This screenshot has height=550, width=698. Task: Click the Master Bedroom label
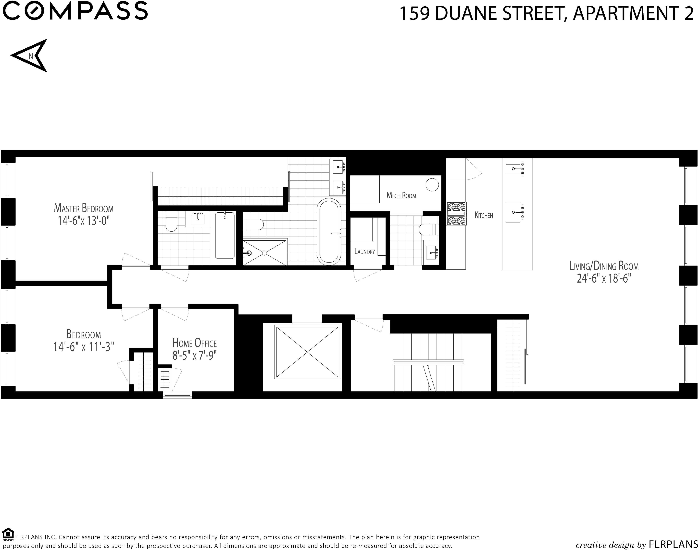click(x=84, y=208)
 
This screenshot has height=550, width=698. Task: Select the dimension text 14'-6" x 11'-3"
click(x=84, y=347)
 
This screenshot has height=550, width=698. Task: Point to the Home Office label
click(x=195, y=343)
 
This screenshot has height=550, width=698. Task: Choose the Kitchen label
click(x=484, y=215)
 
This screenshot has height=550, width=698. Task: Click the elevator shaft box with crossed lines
click(x=307, y=352)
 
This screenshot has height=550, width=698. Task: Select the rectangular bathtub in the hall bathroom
click(x=225, y=235)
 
